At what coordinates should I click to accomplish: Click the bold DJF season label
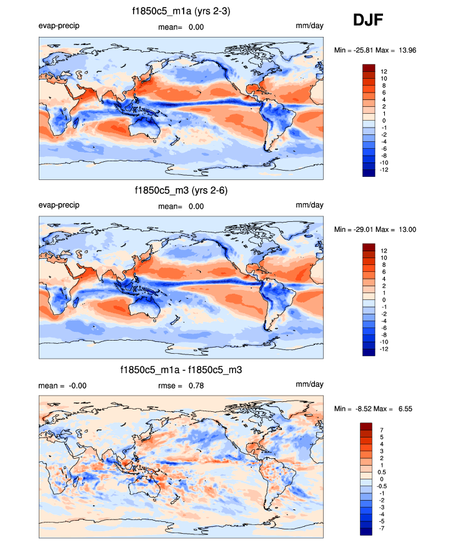tap(368, 21)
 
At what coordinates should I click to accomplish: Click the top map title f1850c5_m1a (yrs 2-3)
tap(181, 11)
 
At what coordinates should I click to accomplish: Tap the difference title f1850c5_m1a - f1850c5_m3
tap(181, 370)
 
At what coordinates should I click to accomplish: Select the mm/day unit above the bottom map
tap(309, 384)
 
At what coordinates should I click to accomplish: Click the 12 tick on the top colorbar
tap(384, 72)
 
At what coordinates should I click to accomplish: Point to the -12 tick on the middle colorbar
tap(384, 349)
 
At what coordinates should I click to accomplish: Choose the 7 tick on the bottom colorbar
tap(383, 431)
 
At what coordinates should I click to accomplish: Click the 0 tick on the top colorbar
tap(384, 121)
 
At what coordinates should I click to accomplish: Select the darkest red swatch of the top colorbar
tap(368, 67)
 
